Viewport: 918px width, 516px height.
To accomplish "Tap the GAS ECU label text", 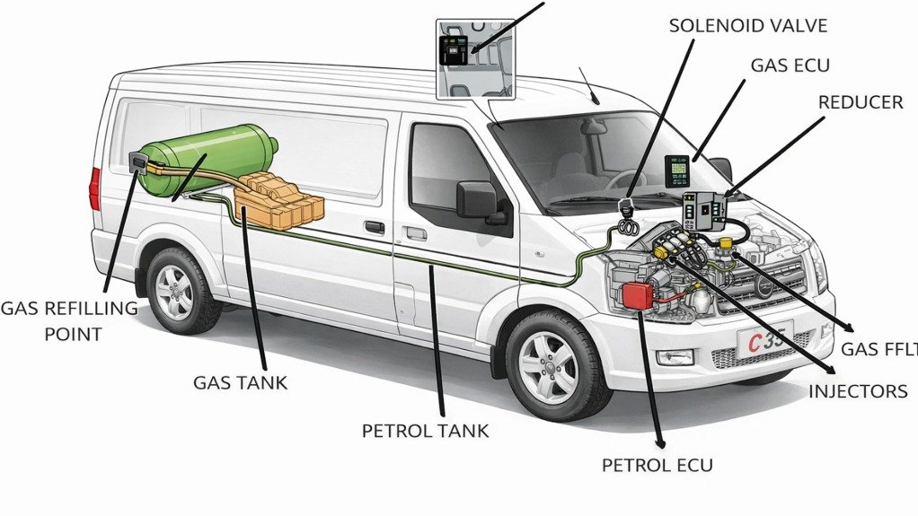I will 790,65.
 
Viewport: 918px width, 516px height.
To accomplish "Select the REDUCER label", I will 860,102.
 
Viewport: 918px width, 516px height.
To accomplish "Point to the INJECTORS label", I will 858,391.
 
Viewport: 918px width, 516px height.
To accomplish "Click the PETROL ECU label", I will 657,465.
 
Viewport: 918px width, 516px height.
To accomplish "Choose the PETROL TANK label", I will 425,431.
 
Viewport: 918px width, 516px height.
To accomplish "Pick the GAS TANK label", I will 240,382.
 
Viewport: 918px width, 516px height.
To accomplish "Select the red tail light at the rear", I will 95,188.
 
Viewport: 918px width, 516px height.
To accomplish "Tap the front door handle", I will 415,233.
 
